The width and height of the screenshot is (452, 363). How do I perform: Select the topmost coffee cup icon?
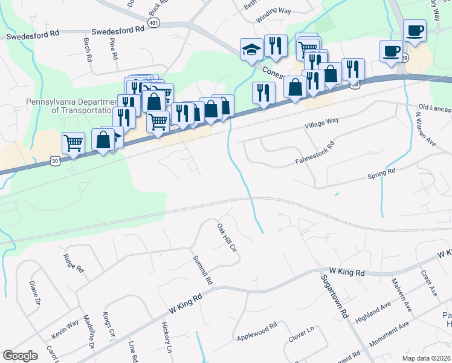point(415,30)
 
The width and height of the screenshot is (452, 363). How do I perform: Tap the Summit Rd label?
point(202,270)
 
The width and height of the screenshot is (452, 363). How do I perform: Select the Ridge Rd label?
point(73,264)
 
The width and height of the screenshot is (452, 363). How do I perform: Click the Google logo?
point(20,356)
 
